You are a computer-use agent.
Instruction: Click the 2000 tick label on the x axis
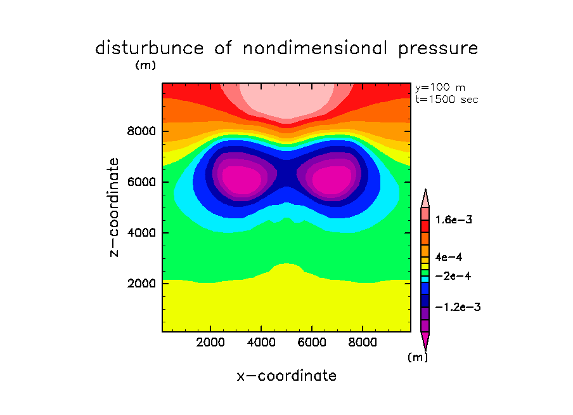(x=211, y=343)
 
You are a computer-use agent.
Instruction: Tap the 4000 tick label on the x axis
(x=262, y=343)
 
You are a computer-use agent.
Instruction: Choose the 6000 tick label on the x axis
(x=312, y=343)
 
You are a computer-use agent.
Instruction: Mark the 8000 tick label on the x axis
(x=363, y=343)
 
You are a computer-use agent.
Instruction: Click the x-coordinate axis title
(x=286, y=376)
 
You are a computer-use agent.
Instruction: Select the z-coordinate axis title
(x=115, y=207)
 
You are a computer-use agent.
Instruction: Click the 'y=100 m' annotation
(x=440, y=88)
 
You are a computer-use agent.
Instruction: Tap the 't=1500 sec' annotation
(x=446, y=99)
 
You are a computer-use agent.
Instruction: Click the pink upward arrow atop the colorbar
(x=425, y=197)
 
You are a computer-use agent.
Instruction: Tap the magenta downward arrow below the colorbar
(x=425, y=341)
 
